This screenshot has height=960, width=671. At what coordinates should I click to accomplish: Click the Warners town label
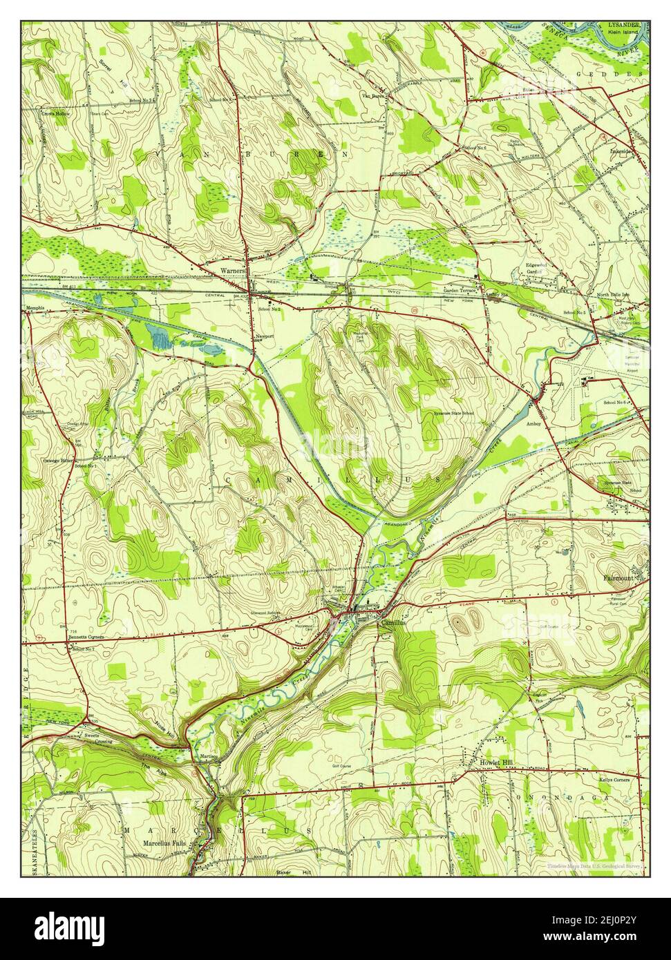(x=233, y=271)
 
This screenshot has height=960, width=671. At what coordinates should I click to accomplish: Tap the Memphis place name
(x=35, y=308)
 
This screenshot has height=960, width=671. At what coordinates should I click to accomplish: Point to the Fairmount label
(x=619, y=576)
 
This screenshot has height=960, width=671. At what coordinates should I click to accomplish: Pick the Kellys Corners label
(x=617, y=779)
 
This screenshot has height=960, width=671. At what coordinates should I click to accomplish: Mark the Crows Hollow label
(x=56, y=113)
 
